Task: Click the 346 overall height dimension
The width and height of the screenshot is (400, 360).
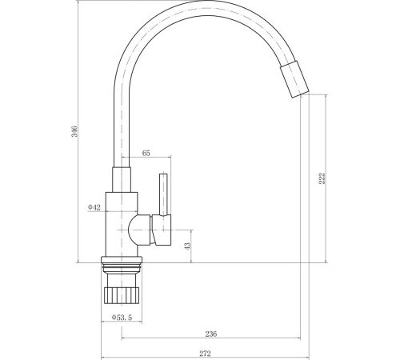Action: [x=74, y=131]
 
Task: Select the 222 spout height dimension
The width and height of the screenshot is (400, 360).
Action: [x=322, y=178]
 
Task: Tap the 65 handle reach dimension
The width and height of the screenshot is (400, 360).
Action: [x=146, y=153]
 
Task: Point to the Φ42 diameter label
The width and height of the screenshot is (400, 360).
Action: [x=94, y=207]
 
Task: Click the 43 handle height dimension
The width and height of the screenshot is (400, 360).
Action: [x=187, y=246]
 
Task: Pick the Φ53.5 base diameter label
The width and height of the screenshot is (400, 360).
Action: [x=122, y=318]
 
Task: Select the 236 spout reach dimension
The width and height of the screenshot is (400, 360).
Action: [x=211, y=334]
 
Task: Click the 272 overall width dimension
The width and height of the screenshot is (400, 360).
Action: [x=205, y=354]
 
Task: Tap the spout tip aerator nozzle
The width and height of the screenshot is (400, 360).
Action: [x=294, y=79]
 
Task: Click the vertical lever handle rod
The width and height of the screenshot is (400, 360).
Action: [x=163, y=194]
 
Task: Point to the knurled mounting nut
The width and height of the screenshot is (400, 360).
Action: [x=122, y=295]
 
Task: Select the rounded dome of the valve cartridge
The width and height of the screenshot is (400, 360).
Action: [x=139, y=230]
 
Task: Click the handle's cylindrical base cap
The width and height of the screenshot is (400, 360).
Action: [x=161, y=230]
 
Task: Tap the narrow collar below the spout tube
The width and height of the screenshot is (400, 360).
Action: [x=122, y=180]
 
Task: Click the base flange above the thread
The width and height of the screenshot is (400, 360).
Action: [x=122, y=259]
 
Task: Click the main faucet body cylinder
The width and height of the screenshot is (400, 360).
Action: [x=122, y=224]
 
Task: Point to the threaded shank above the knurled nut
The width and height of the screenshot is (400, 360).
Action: [x=122, y=280]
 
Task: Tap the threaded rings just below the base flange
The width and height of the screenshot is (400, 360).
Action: [x=122, y=268]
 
